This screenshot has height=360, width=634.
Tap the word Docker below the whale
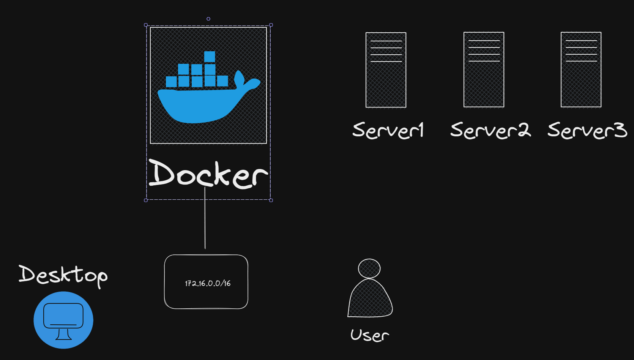pyautogui.click(x=208, y=174)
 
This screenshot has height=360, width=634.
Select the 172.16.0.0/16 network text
pyautogui.click(x=208, y=283)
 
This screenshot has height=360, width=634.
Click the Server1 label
pyautogui.click(x=388, y=130)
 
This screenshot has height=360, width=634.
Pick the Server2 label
pyautogui.click(x=490, y=130)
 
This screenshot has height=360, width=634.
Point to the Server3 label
pyautogui.click(x=587, y=130)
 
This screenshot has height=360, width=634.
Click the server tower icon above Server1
pyautogui.click(x=386, y=70)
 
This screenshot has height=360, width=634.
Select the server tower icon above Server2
pyautogui.click(x=484, y=69)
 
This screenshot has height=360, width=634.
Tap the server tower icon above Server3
pyautogui.click(x=581, y=69)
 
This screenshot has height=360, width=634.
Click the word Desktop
pyautogui.click(x=63, y=275)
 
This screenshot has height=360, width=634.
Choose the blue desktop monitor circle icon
pyautogui.click(x=63, y=320)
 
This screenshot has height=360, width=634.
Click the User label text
pyautogui.click(x=369, y=335)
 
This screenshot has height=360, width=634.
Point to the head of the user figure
pyautogui.click(x=369, y=268)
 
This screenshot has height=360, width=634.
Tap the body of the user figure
pyautogui.click(x=370, y=300)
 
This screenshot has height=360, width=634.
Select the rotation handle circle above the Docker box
pyautogui.click(x=208, y=19)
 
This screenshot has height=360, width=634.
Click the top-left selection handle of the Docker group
pyautogui.click(x=146, y=25)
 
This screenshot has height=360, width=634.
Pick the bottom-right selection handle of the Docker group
pyautogui.click(x=271, y=200)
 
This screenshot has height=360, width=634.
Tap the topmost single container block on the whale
pyautogui.click(x=210, y=57)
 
